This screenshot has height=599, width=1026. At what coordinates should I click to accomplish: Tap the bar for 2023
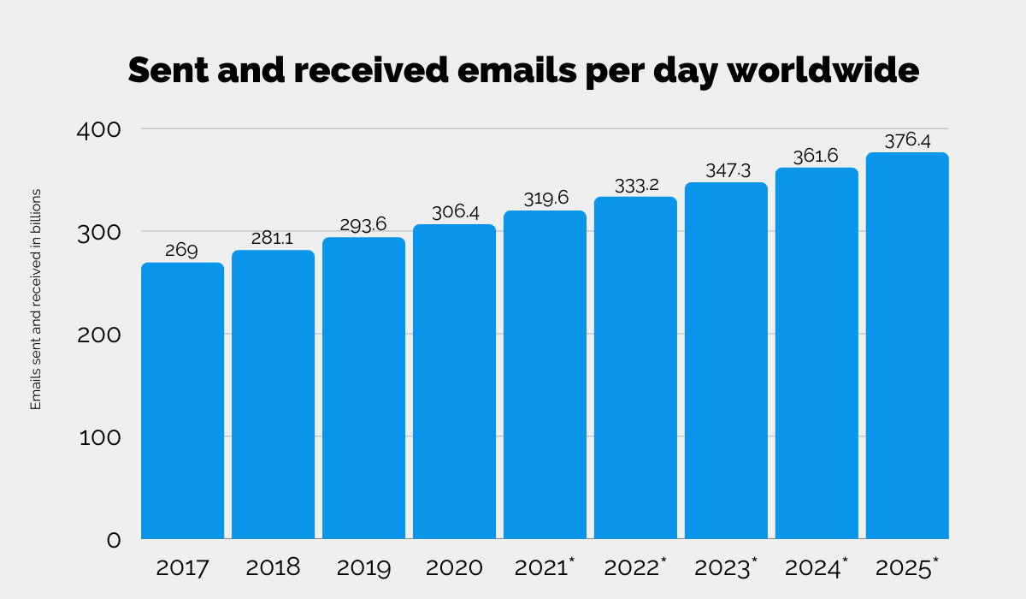point(726,360)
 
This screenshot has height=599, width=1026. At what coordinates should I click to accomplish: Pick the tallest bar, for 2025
point(907,346)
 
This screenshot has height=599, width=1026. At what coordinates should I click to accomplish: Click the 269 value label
point(182,251)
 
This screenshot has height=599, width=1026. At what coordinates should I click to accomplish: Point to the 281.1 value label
point(273,238)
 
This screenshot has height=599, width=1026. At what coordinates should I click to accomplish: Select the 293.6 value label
point(363,225)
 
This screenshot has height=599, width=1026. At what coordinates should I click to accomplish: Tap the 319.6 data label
point(545,199)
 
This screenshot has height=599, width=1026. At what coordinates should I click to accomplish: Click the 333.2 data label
point(635,185)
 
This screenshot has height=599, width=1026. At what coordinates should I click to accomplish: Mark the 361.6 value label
point(817,156)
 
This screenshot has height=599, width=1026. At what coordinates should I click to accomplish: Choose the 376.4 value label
point(907,141)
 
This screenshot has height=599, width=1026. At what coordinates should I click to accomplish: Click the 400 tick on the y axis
point(101,129)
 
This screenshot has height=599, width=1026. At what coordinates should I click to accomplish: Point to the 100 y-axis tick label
point(101,437)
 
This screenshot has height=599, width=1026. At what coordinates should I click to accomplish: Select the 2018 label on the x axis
point(273,567)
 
